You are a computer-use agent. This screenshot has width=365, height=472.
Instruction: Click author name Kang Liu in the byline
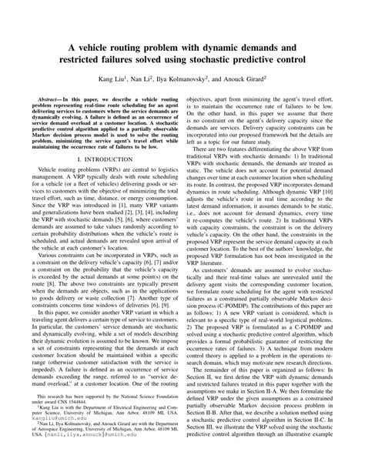(110, 79)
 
